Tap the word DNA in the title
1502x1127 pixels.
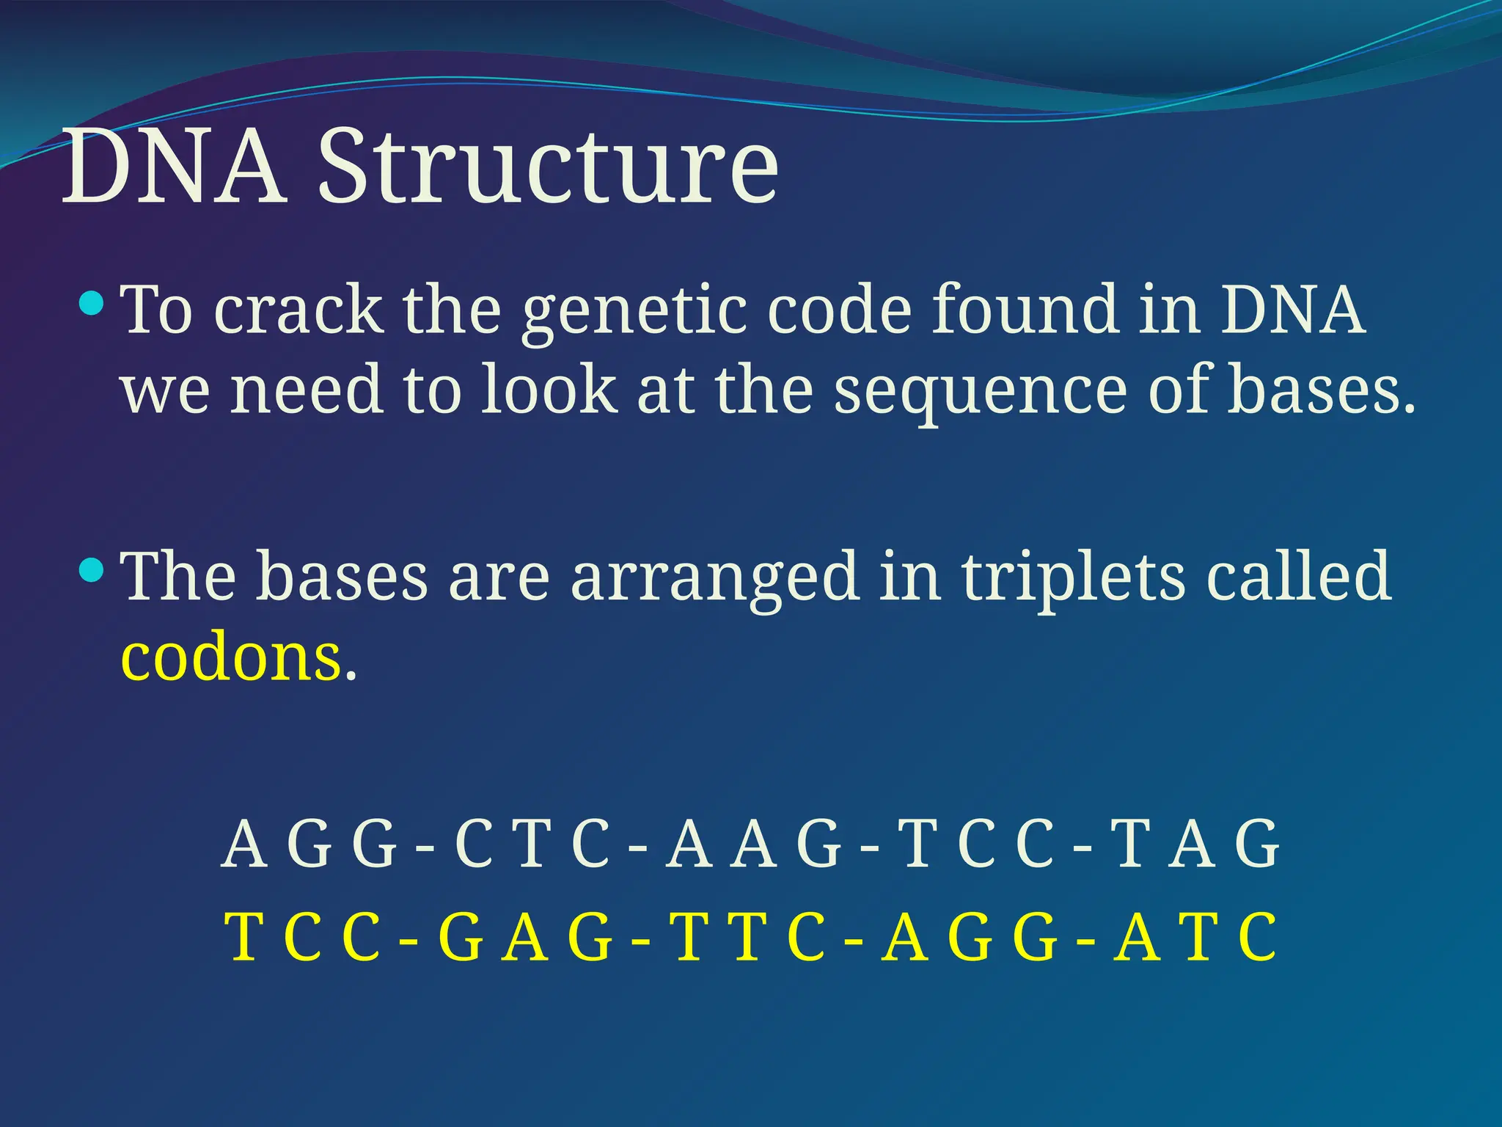click(174, 167)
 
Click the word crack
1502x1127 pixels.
click(298, 310)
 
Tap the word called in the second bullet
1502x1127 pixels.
click(1298, 576)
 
